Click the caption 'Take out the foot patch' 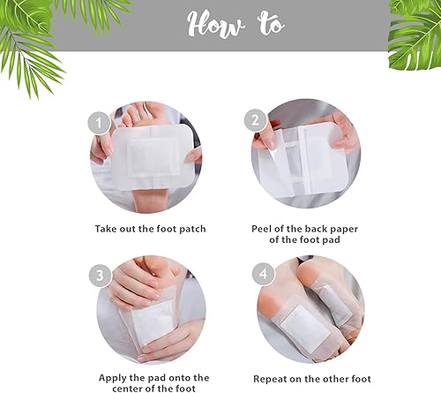pos(150,228)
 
